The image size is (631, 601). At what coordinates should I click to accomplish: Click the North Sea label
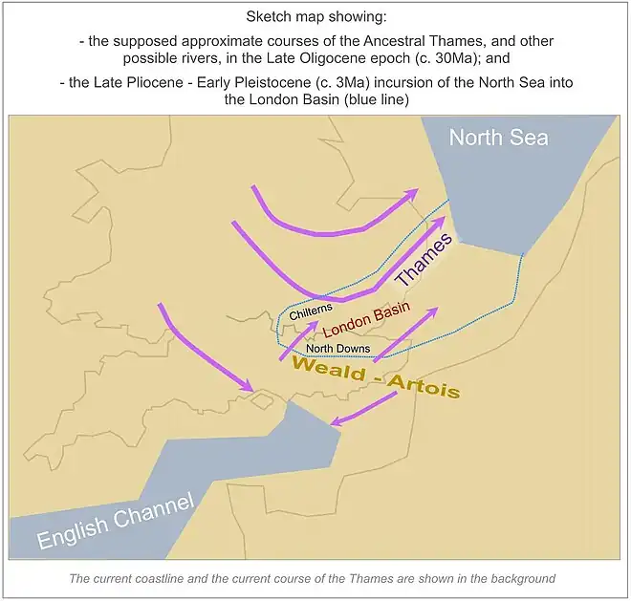coord(498,138)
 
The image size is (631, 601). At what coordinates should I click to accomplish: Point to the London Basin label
coord(366,318)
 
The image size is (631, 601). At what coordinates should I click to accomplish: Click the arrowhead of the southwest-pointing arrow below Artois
coord(335,421)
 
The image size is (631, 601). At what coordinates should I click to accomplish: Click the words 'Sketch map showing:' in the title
coord(315,17)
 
